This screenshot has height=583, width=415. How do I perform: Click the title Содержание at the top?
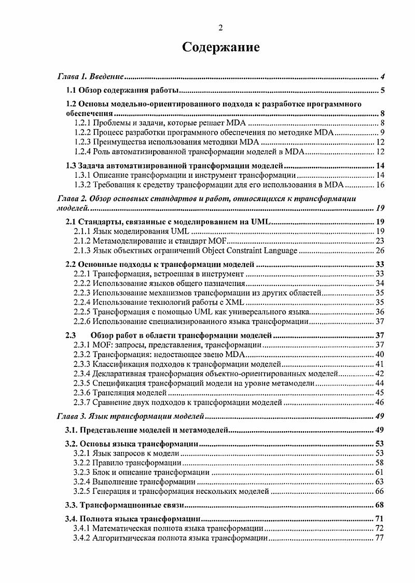click(220, 48)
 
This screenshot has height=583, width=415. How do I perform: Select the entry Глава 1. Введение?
click(90, 77)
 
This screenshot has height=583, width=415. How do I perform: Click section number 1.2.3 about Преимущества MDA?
click(82, 142)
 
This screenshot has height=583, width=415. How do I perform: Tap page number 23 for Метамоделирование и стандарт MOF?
click(379, 241)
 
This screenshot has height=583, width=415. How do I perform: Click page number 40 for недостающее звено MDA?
click(379, 354)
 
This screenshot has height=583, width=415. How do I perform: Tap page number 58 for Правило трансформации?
click(379, 462)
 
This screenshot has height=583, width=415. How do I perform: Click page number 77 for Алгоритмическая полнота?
click(379, 538)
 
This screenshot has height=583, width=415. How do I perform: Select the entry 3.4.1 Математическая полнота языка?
click(168, 528)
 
